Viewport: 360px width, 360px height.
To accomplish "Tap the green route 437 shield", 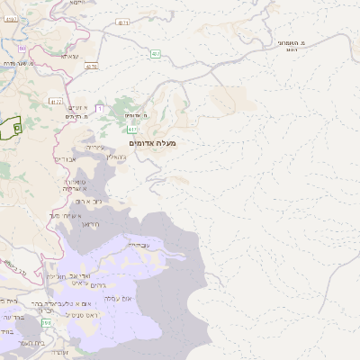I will pos(157,54).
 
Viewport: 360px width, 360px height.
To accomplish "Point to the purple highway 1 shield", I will pos(100,108).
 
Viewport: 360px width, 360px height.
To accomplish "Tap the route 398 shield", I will pos(46,335).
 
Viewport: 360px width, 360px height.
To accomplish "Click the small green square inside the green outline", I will pos(17,129).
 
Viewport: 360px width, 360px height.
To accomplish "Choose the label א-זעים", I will pos(79,107).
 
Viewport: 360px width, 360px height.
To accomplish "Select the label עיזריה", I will pos(95,147).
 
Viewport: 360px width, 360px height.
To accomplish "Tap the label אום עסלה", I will pos(118,297).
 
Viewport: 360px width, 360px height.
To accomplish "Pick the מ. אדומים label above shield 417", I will pos(133,116).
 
